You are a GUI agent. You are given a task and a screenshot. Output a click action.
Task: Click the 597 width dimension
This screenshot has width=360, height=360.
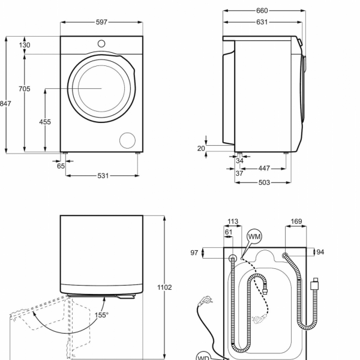point(101,22)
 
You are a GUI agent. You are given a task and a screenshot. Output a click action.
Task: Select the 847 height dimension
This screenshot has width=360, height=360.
point(5,104)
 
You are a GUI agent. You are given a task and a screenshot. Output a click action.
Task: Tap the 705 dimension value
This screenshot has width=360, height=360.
point(24,89)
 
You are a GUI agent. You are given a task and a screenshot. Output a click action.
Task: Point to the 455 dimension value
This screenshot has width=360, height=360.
point(45,122)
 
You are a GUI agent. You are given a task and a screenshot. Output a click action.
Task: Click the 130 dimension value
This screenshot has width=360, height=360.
point(24,45)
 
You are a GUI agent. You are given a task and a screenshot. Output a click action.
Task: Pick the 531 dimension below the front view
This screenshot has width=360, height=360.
point(103,176)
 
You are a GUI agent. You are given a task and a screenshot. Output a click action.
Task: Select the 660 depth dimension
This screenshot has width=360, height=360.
point(262,11)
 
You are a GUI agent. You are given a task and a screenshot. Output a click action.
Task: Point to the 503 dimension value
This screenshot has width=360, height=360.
point(265,182)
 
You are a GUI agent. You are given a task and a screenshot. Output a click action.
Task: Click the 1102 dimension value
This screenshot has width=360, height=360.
point(164,287)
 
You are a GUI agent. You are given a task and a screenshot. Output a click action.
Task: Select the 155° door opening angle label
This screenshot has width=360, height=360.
point(101,314)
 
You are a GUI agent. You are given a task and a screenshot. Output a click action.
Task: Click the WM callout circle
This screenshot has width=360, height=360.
point(254,237)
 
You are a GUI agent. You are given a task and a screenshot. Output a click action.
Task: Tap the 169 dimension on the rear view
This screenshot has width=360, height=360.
point(296,222)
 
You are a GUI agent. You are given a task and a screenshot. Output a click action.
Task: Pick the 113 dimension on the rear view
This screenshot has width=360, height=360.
point(233,222)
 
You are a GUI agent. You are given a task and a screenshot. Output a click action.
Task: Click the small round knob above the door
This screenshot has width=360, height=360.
point(101,43)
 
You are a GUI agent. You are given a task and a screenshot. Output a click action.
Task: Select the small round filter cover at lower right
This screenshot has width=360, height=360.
point(128,140)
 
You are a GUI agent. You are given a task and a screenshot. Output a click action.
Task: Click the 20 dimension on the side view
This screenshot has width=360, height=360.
point(201,148)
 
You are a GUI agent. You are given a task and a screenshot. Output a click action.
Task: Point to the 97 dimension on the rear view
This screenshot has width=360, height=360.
point(194,253)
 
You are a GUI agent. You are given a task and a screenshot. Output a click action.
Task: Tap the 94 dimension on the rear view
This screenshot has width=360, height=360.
point(320,252)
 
